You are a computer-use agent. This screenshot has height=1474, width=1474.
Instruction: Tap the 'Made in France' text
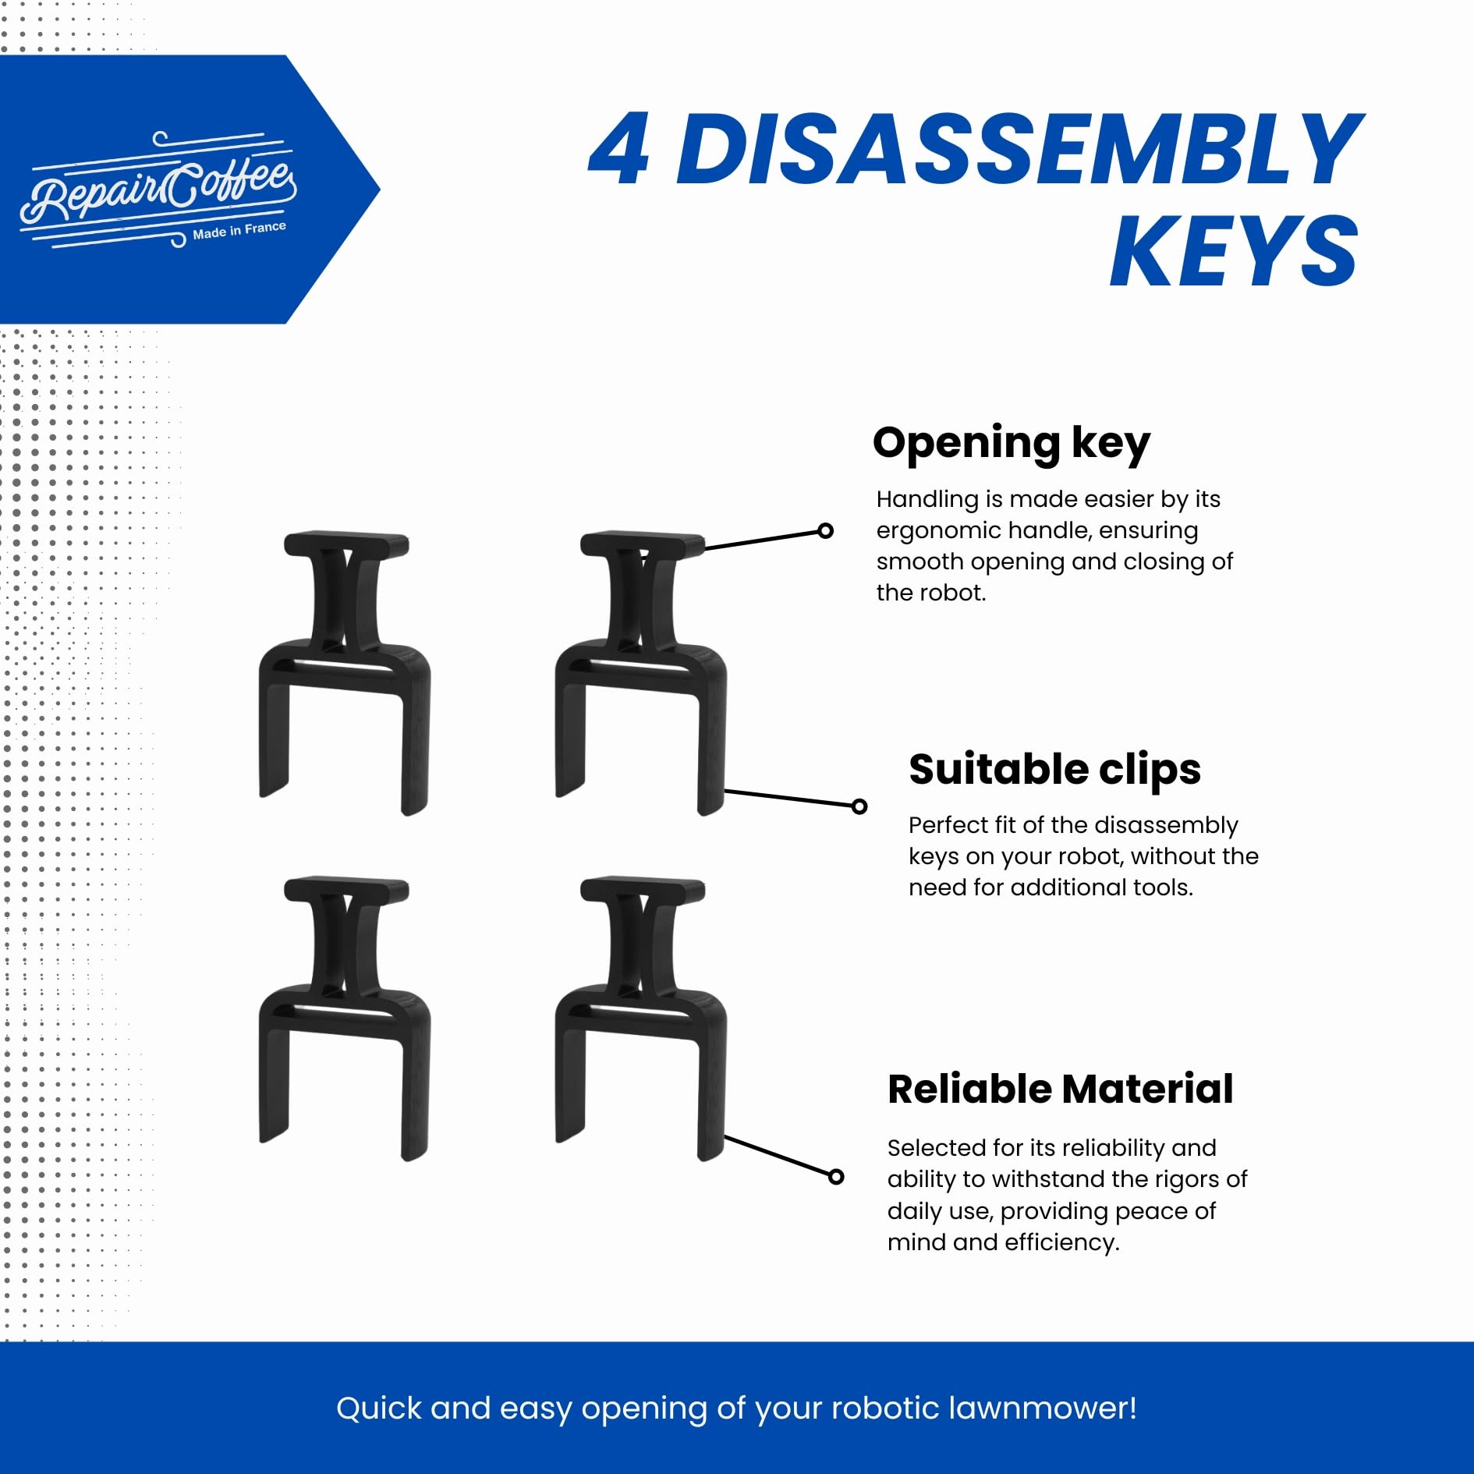click(x=239, y=230)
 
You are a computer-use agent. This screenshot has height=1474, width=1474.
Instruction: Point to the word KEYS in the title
click(x=1235, y=250)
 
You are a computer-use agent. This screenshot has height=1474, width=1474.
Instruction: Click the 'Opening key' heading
click(x=1012, y=444)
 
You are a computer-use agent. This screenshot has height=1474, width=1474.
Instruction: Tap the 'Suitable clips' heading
click(x=1054, y=769)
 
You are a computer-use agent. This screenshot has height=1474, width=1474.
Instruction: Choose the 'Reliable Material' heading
click(x=1060, y=1089)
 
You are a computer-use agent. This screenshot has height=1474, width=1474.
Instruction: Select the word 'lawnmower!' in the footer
click(x=1043, y=1408)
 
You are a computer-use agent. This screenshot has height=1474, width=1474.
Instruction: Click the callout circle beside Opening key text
click(x=825, y=531)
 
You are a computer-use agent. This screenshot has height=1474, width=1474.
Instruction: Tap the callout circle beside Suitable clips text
click(x=859, y=806)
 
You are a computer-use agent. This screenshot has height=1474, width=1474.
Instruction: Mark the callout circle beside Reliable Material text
click(x=836, y=1177)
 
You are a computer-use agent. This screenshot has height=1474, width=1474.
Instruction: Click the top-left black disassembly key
click(x=344, y=672)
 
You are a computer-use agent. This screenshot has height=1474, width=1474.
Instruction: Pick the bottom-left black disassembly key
click(x=344, y=1018)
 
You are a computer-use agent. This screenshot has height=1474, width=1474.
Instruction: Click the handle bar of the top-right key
click(x=643, y=544)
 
